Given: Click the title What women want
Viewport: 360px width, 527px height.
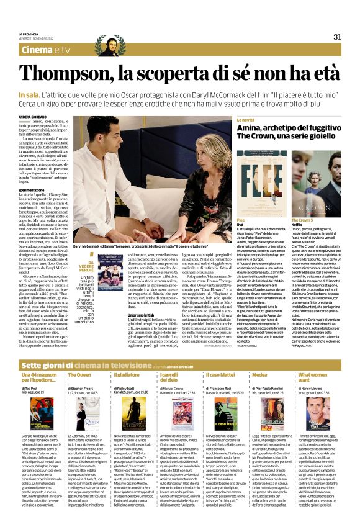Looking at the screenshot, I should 310,378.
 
